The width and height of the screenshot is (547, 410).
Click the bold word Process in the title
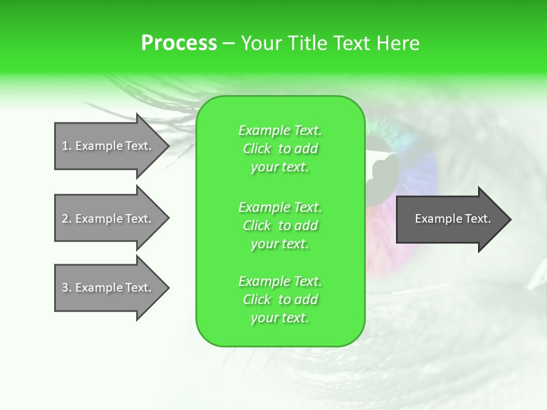[179, 43]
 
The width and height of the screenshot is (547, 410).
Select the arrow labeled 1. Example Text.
[108, 146]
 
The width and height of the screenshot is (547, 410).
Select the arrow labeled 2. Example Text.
[108, 219]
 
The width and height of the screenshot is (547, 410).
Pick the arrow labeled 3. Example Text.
[108, 288]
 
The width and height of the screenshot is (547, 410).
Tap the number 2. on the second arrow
[67, 219]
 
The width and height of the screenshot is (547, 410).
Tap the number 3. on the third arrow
[67, 288]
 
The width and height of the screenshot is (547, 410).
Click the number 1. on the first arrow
[67, 146]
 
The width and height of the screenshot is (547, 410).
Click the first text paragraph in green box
[280, 149]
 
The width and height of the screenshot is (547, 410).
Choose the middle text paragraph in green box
[280, 225]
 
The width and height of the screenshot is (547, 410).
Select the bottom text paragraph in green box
[280, 300]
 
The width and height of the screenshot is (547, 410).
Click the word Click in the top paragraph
[257, 149]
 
